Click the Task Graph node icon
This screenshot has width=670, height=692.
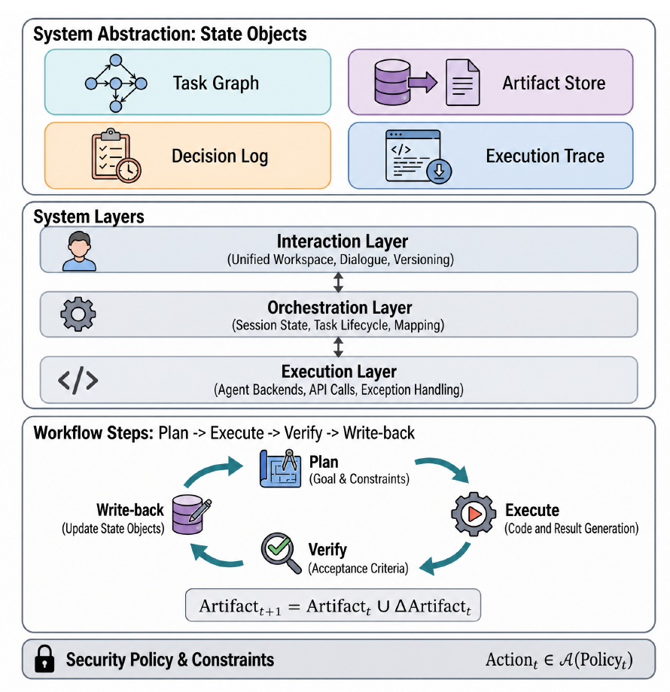coord(116,83)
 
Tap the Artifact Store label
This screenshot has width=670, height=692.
coord(554,83)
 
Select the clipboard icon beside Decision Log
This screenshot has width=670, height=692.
coord(116,156)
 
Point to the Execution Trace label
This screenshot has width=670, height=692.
coord(545,156)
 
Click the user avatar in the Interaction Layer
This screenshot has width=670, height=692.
coord(79,250)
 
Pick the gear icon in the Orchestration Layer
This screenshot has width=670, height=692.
coord(78,314)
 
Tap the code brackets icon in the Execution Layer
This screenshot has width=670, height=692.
coord(78,380)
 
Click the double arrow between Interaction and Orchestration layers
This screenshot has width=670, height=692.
coord(338,282)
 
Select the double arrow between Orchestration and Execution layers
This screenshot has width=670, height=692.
coord(338,347)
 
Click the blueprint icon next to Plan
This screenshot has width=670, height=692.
coord(280,469)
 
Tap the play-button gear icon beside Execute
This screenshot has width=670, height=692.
coord(474,514)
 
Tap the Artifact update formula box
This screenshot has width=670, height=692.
coord(333,605)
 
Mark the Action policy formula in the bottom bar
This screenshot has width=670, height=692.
coord(559,660)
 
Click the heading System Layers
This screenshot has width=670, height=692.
coord(89,217)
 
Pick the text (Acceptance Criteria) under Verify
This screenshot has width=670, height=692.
coord(358,568)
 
